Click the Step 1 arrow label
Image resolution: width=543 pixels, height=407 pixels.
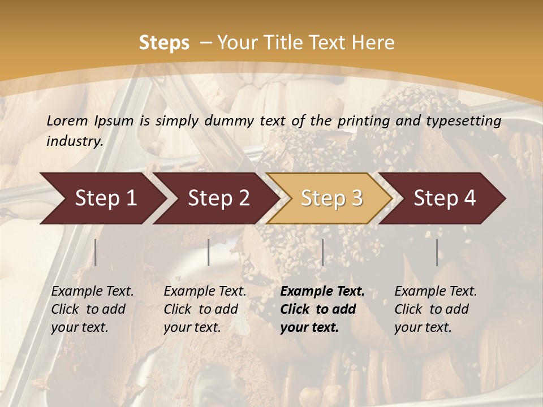point(106,198)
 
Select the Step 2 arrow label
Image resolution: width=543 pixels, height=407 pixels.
point(219,198)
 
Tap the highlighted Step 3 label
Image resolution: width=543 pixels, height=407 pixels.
point(332,198)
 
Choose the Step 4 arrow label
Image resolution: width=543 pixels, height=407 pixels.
point(445,198)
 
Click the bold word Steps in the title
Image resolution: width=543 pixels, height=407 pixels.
point(164,42)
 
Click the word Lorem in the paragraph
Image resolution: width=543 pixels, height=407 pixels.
point(67,120)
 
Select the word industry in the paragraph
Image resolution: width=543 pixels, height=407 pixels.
point(74,141)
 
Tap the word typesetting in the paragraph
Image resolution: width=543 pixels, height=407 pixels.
point(464,120)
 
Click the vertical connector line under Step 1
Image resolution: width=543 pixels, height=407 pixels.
point(96,252)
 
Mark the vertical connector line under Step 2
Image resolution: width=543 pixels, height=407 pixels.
point(209,252)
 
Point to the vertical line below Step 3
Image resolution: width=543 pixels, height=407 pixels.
point(322,252)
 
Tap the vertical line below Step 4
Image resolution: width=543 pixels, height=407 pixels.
point(437,252)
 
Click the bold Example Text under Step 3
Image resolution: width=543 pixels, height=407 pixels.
point(322,291)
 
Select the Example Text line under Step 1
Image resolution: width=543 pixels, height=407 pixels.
point(92,291)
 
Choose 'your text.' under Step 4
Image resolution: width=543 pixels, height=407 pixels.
point(423,327)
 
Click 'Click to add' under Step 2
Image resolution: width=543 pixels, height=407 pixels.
point(201,309)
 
